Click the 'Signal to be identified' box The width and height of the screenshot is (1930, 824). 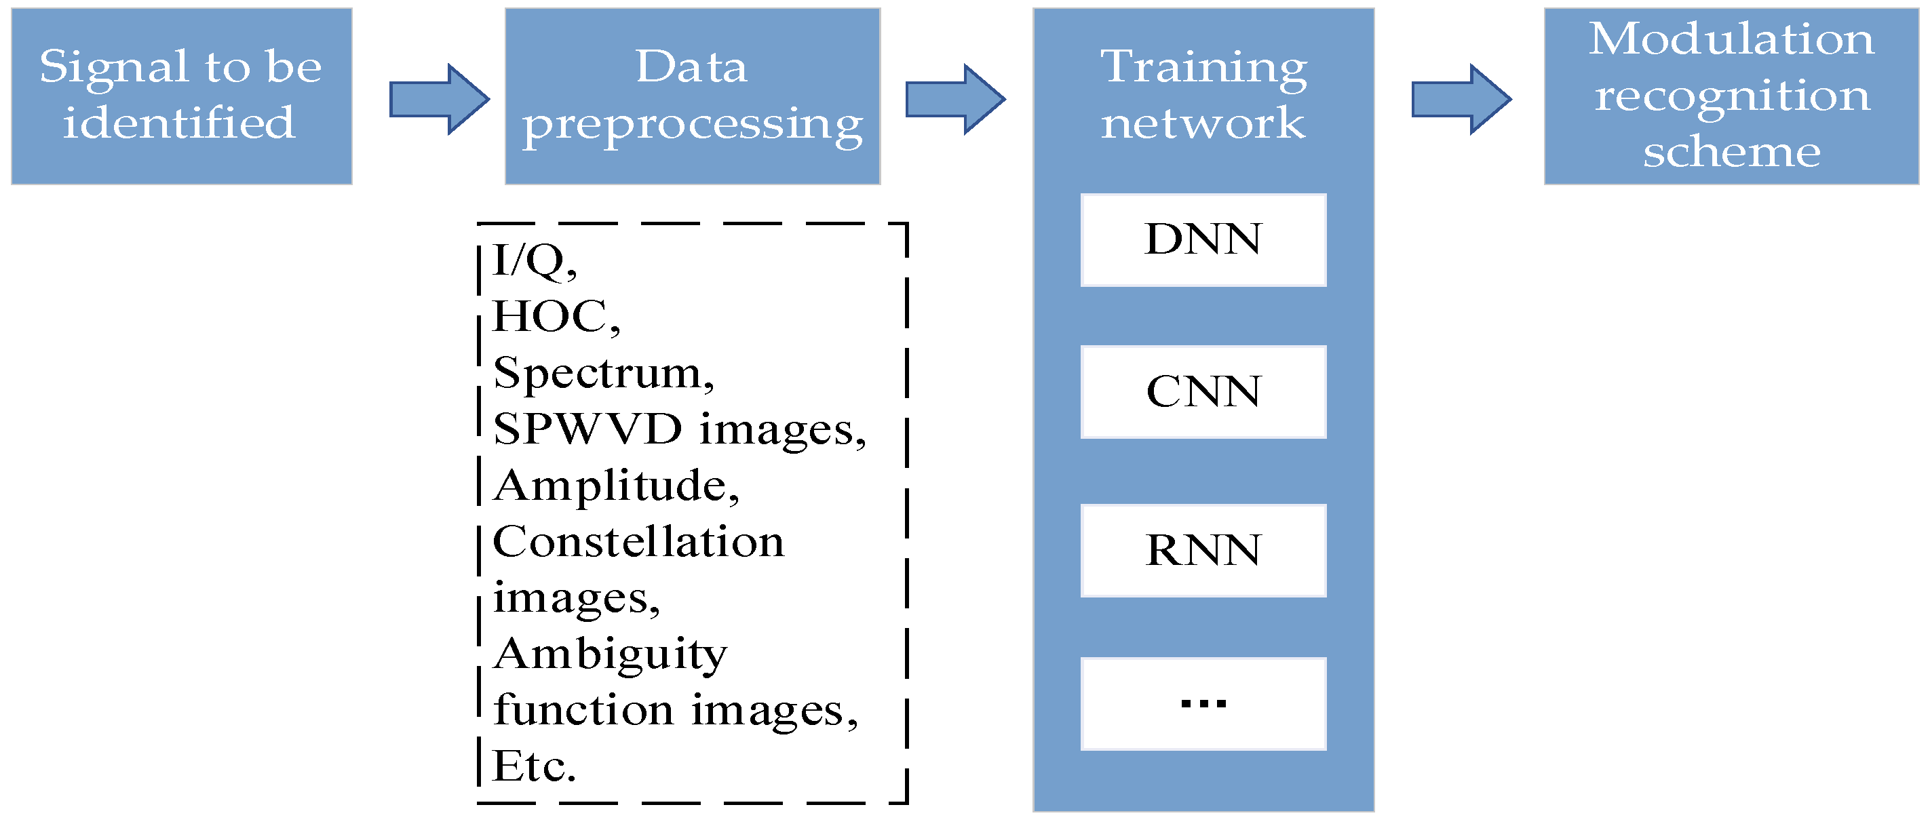point(181,96)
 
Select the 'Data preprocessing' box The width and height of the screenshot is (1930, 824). point(692,96)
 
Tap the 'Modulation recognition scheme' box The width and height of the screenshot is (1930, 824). point(1731,96)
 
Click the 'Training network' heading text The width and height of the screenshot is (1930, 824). point(1203,94)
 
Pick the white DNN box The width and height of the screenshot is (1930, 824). point(1203,239)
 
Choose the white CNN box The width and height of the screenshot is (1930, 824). point(1203,392)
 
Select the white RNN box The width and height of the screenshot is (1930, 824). point(1203,551)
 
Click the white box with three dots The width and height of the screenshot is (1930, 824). point(1203,703)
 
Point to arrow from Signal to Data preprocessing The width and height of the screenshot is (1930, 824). point(440,99)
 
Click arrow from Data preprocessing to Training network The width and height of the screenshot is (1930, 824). point(955,99)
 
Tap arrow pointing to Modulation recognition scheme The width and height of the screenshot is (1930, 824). point(1461,99)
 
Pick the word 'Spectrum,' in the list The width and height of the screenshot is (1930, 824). point(603,373)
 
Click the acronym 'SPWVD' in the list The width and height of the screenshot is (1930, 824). point(587,429)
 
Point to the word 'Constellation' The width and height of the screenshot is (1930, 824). point(638,542)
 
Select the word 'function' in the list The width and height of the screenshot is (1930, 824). point(583,710)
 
